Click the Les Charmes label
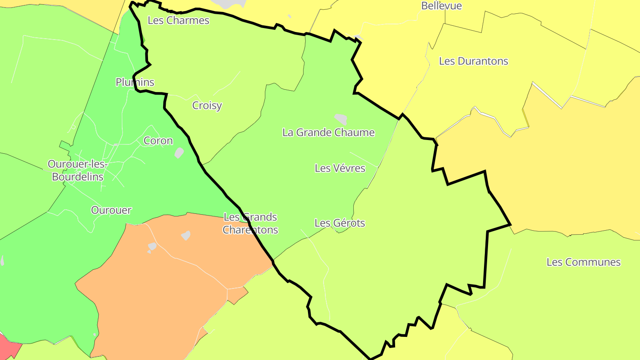(x=178, y=20)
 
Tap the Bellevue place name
(x=441, y=6)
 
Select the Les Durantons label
(x=473, y=61)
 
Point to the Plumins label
(x=135, y=82)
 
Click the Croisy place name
(x=207, y=106)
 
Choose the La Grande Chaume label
(x=328, y=132)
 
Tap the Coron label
(x=158, y=141)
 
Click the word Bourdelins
(x=78, y=177)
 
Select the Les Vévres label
(x=340, y=168)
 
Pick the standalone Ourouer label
(x=111, y=210)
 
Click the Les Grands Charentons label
(x=250, y=224)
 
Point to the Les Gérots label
(x=340, y=223)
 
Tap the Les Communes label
(x=583, y=262)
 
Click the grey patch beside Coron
(x=179, y=153)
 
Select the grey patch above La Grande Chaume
(x=341, y=119)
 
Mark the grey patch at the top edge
(x=229, y=4)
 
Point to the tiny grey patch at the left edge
(x=2, y=260)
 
